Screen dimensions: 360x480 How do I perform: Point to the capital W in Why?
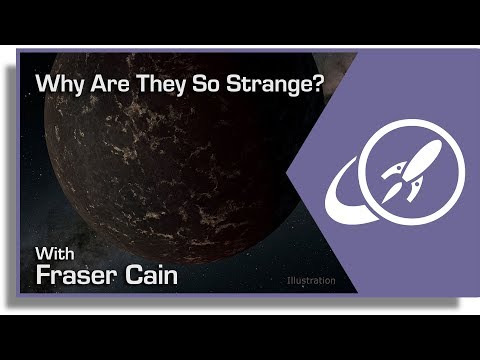pos(46,85)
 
